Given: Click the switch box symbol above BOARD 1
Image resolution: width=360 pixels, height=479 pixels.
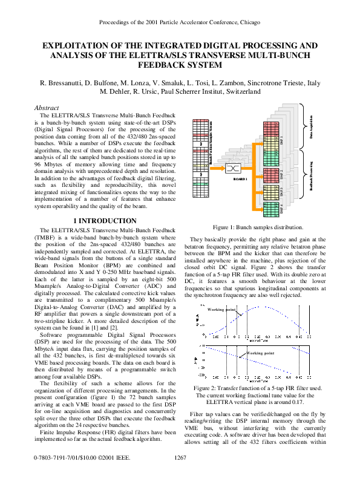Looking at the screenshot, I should (233, 168).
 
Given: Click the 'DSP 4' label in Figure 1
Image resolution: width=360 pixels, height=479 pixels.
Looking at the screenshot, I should (282, 209).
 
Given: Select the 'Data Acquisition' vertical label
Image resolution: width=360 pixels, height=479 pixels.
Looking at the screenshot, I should (312, 126).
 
